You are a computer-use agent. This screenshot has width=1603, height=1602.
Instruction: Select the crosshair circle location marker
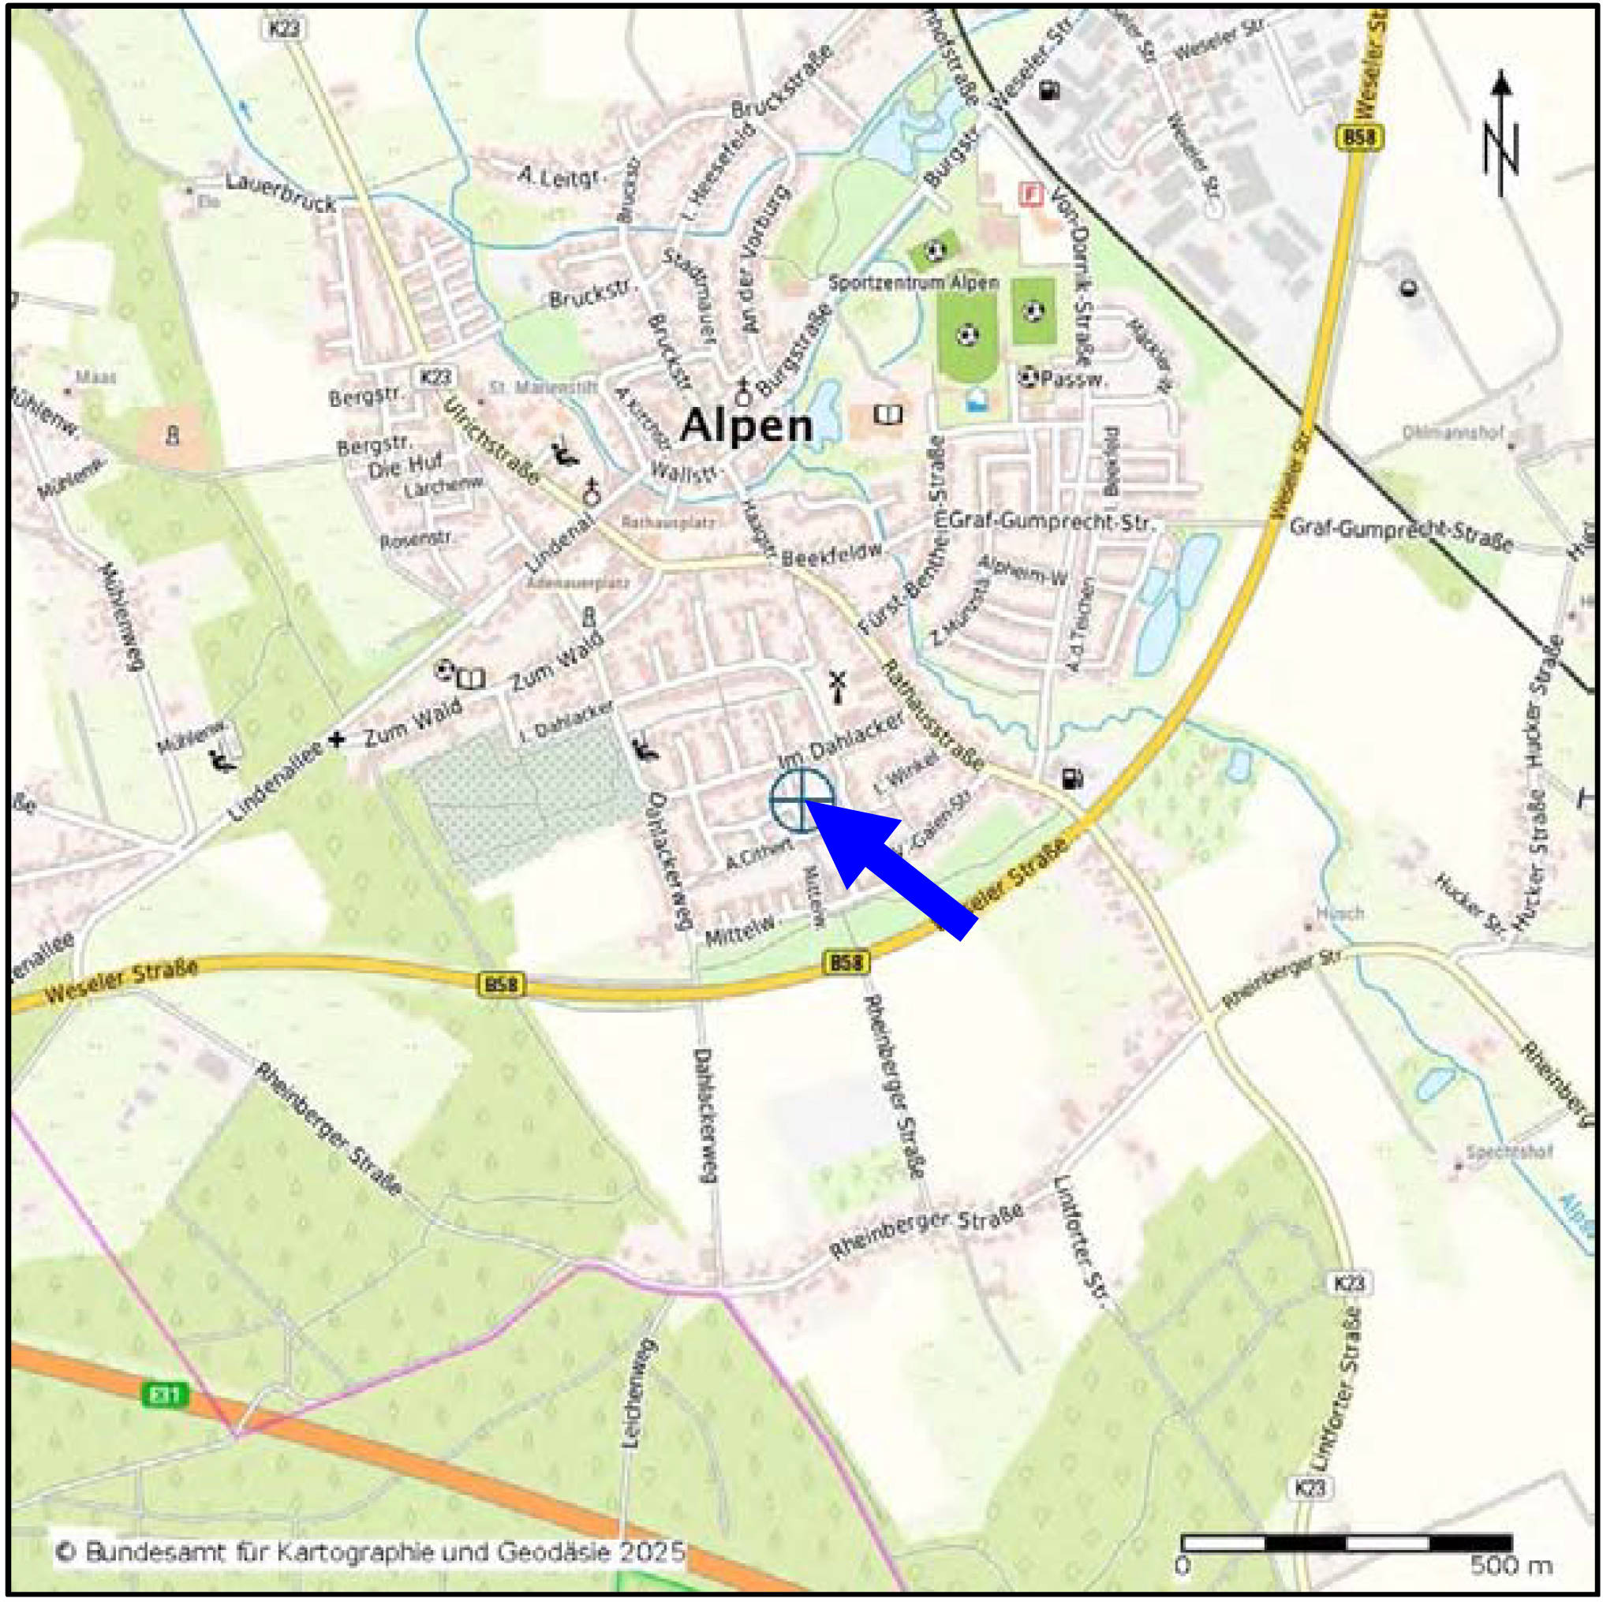801,801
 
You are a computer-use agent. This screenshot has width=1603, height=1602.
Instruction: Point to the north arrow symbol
1501,137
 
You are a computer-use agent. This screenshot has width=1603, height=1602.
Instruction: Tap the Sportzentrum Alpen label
914,283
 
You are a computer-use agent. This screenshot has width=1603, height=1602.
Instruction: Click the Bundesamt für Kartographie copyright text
370,1551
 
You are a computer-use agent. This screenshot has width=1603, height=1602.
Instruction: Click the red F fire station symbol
1030,194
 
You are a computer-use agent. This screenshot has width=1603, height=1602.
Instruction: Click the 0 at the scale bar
1183,1567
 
